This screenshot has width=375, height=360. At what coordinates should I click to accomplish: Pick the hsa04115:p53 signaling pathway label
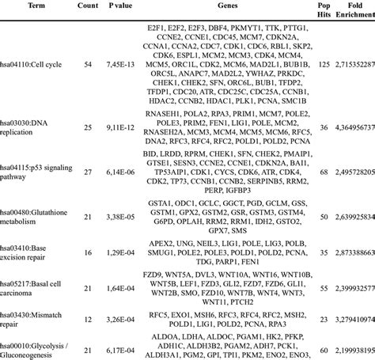(30, 192)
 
